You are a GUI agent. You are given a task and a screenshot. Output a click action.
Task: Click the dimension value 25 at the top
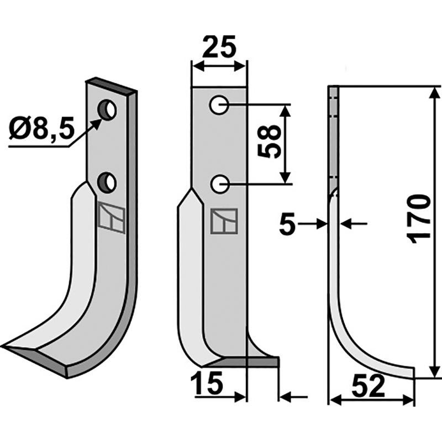(219, 48)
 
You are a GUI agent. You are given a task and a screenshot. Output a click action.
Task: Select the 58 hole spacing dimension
(270, 143)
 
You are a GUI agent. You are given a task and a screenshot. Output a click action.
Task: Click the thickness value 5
(287, 225)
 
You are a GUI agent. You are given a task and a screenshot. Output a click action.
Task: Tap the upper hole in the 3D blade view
(108, 109)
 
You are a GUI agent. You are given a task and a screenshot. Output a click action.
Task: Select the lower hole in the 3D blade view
(107, 181)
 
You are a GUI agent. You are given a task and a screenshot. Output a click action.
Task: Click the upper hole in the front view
(219, 104)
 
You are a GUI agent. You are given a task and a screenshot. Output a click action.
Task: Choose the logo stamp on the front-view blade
(224, 222)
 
